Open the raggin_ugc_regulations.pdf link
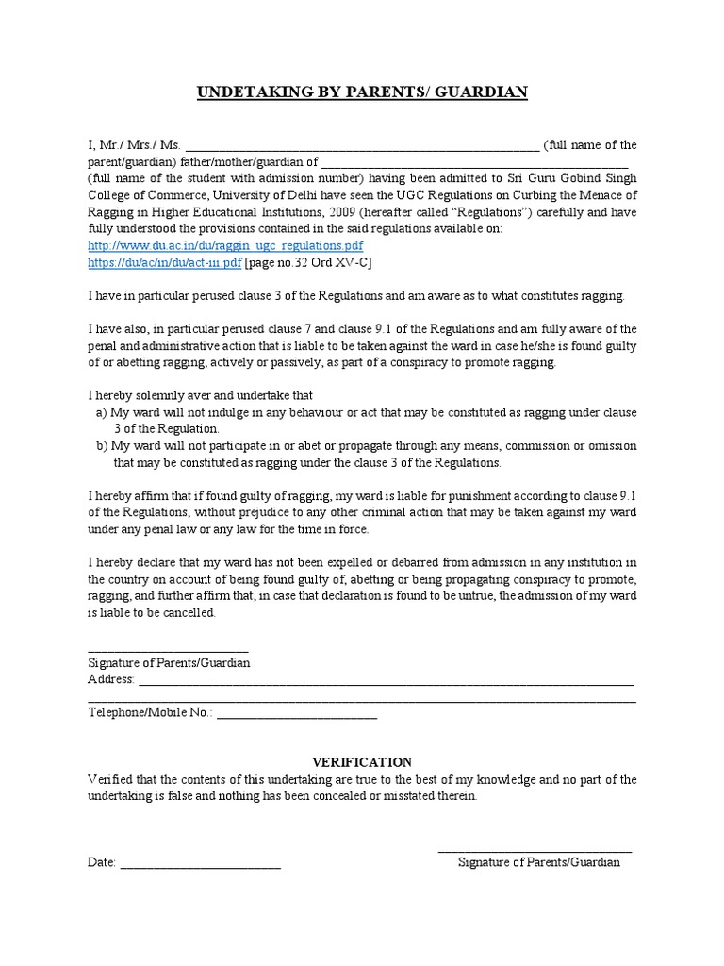(212, 245)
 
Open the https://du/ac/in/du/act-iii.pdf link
(166, 262)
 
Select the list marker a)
(102, 413)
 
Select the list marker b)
(102, 446)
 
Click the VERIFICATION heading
(362, 762)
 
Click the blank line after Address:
(387, 683)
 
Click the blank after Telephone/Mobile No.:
(297, 716)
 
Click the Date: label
(102, 863)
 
